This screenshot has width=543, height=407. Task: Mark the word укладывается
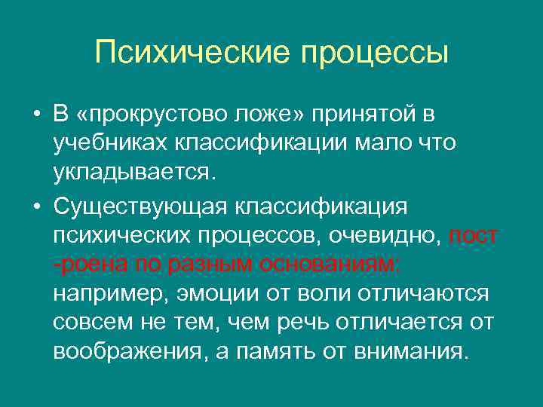[x=134, y=172]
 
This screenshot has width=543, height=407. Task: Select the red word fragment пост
[x=474, y=234]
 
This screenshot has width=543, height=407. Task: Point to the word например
[x=111, y=293]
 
